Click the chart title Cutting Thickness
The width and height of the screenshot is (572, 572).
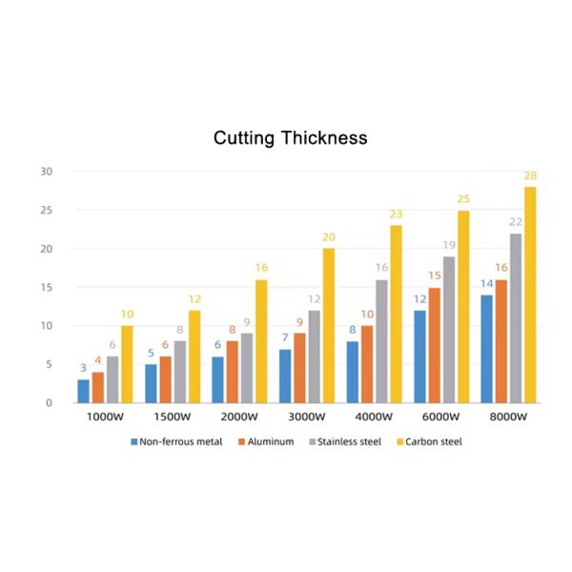290,138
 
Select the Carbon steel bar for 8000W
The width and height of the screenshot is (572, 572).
530,295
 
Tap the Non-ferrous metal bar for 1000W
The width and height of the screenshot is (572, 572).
83,391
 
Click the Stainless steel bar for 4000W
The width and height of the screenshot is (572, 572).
381,340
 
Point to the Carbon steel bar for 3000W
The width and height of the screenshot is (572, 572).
328,325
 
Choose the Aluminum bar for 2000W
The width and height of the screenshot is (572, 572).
233,372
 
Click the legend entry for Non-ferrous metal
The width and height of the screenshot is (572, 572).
176,441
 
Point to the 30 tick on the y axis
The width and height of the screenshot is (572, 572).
47,172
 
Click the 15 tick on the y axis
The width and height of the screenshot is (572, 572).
47,287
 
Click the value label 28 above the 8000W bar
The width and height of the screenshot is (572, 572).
530,175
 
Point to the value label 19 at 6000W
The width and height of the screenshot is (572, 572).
449,245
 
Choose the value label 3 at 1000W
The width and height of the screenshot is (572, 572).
83,368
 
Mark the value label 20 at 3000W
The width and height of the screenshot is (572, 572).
328,237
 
